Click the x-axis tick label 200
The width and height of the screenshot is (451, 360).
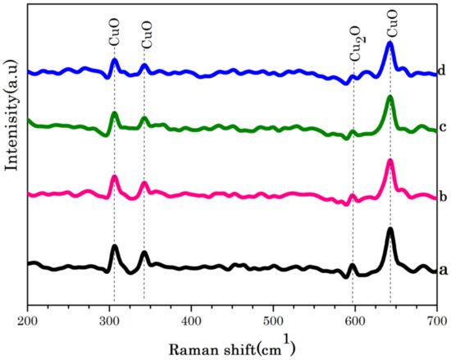pos(28,319)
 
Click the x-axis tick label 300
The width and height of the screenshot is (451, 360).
pos(109,319)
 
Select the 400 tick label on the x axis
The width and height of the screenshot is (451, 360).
pos(191,319)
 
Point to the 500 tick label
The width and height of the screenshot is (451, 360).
pos(273,319)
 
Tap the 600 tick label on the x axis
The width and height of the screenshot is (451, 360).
pos(354,319)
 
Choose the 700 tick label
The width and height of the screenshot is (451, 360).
pos(435,319)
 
